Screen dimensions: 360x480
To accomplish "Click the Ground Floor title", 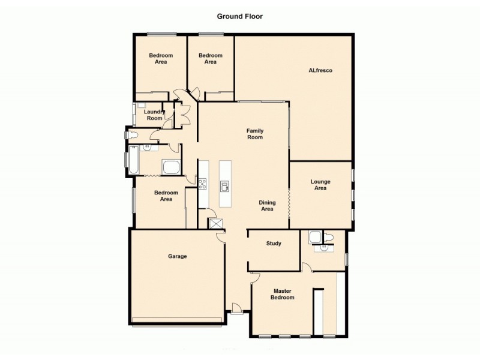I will (x=239, y=17).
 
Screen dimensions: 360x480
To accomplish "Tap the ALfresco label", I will (x=320, y=71).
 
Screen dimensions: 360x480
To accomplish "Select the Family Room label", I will (x=255, y=134).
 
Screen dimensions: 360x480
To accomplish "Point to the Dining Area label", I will (x=267, y=206).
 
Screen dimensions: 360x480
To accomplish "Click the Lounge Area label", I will (x=320, y=185).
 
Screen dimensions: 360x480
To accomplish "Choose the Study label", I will (x=274, y=244).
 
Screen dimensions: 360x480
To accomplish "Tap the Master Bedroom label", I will (x=282, y=294).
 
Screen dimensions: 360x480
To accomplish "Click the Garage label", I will (x=178, y=256).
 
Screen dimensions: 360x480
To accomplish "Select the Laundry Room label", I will (x=154, y=115).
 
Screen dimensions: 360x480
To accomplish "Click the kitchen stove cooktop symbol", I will (x=203, y=184).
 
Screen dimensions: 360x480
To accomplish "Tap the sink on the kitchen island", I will (x=225, y=187).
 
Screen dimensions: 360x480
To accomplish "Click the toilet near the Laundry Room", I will (x=133, y=136).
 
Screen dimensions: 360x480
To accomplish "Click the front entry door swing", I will (x=237, y=309).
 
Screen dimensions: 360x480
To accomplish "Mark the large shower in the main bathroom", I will (x=171, y=167).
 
